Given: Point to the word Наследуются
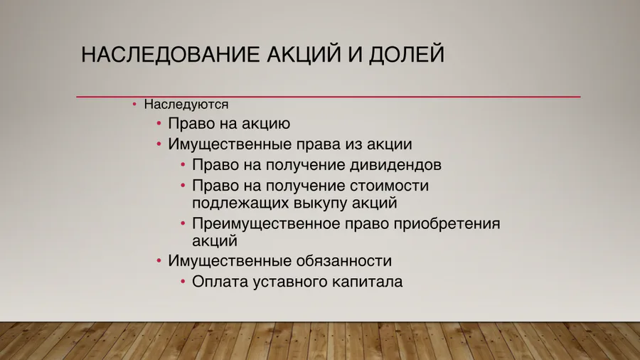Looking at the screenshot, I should point(186,105).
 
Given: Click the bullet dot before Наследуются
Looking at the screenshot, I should point(134,105).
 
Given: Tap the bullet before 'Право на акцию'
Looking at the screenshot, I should point(159,124).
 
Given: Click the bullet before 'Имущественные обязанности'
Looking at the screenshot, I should point(159,260).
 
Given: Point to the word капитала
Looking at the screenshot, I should point(368,281).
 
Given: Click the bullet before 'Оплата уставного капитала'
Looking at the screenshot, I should point(183,281).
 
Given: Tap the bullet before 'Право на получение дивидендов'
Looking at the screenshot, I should point(183,165).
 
